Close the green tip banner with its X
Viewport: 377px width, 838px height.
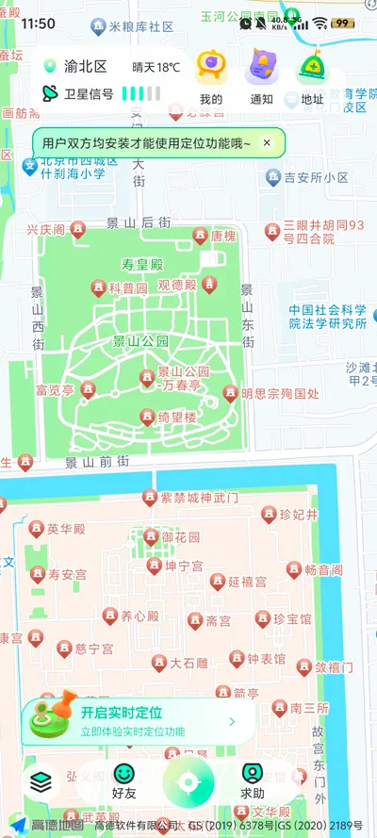[267, 143]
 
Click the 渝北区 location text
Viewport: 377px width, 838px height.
[85, 67]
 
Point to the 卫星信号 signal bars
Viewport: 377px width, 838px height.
[141, 93]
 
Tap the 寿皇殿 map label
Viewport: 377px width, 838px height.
[142, 265]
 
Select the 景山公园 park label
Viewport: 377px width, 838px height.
[140, 341]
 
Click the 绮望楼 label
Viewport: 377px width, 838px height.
[176, 417]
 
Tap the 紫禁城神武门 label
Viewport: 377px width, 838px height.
[199, 497]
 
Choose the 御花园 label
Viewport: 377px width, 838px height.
[180, 537]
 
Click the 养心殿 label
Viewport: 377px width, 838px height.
[139, 616]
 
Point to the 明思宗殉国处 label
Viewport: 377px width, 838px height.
[280, 393]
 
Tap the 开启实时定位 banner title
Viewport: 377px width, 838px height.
[122, 713]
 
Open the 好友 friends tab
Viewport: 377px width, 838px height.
[124, 781]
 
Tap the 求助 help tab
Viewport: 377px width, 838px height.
[252, 781]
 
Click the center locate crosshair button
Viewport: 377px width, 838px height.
[188, 781]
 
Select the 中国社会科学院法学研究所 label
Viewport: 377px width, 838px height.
[327, 316]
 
